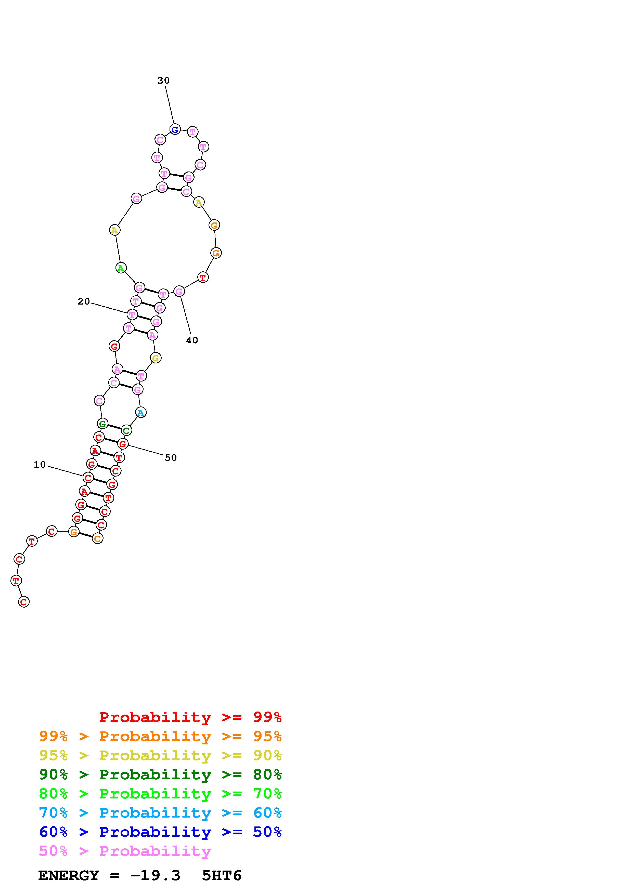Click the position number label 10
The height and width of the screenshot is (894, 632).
(x=40, y=465)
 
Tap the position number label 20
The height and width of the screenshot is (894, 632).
(x=84, y=301)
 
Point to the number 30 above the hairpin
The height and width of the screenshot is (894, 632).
(x=164, y=81)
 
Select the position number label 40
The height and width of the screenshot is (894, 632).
(x=192, y=340)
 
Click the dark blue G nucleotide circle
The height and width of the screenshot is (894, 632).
(x=175, y=129)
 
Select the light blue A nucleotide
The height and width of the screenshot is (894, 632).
(x=140, y=412)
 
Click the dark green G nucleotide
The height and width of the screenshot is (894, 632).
(x=102, y=424)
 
